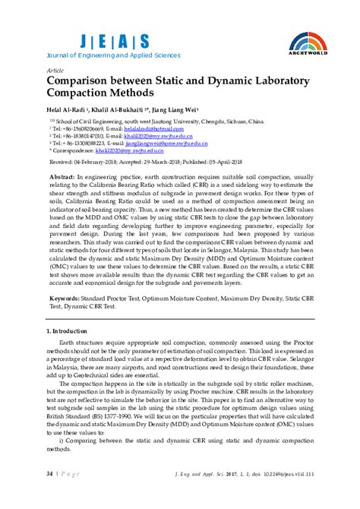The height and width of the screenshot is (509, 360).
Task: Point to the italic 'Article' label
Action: click(55, 69)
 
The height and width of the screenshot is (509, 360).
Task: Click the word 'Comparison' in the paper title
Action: click(84, 80)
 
